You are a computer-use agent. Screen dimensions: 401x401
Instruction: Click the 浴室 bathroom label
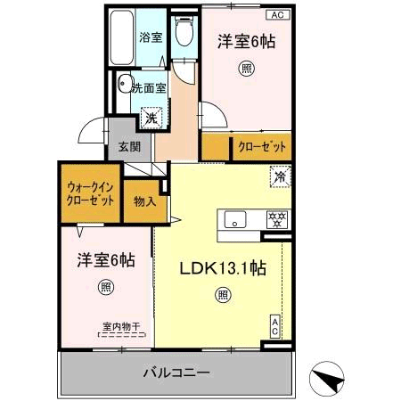tap(151, 37)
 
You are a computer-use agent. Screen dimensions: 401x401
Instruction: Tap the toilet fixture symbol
tap(184, 34)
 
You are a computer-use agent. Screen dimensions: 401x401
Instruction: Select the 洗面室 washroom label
tap(149, 87)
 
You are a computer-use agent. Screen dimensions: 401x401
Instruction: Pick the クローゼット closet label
tap(262, 147)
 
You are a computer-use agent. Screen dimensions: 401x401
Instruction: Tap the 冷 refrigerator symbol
tap(279, 176)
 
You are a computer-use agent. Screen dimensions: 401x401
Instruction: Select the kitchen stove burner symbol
tap(276, 219)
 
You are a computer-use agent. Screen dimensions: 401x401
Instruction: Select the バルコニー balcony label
tap(176, 372)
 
